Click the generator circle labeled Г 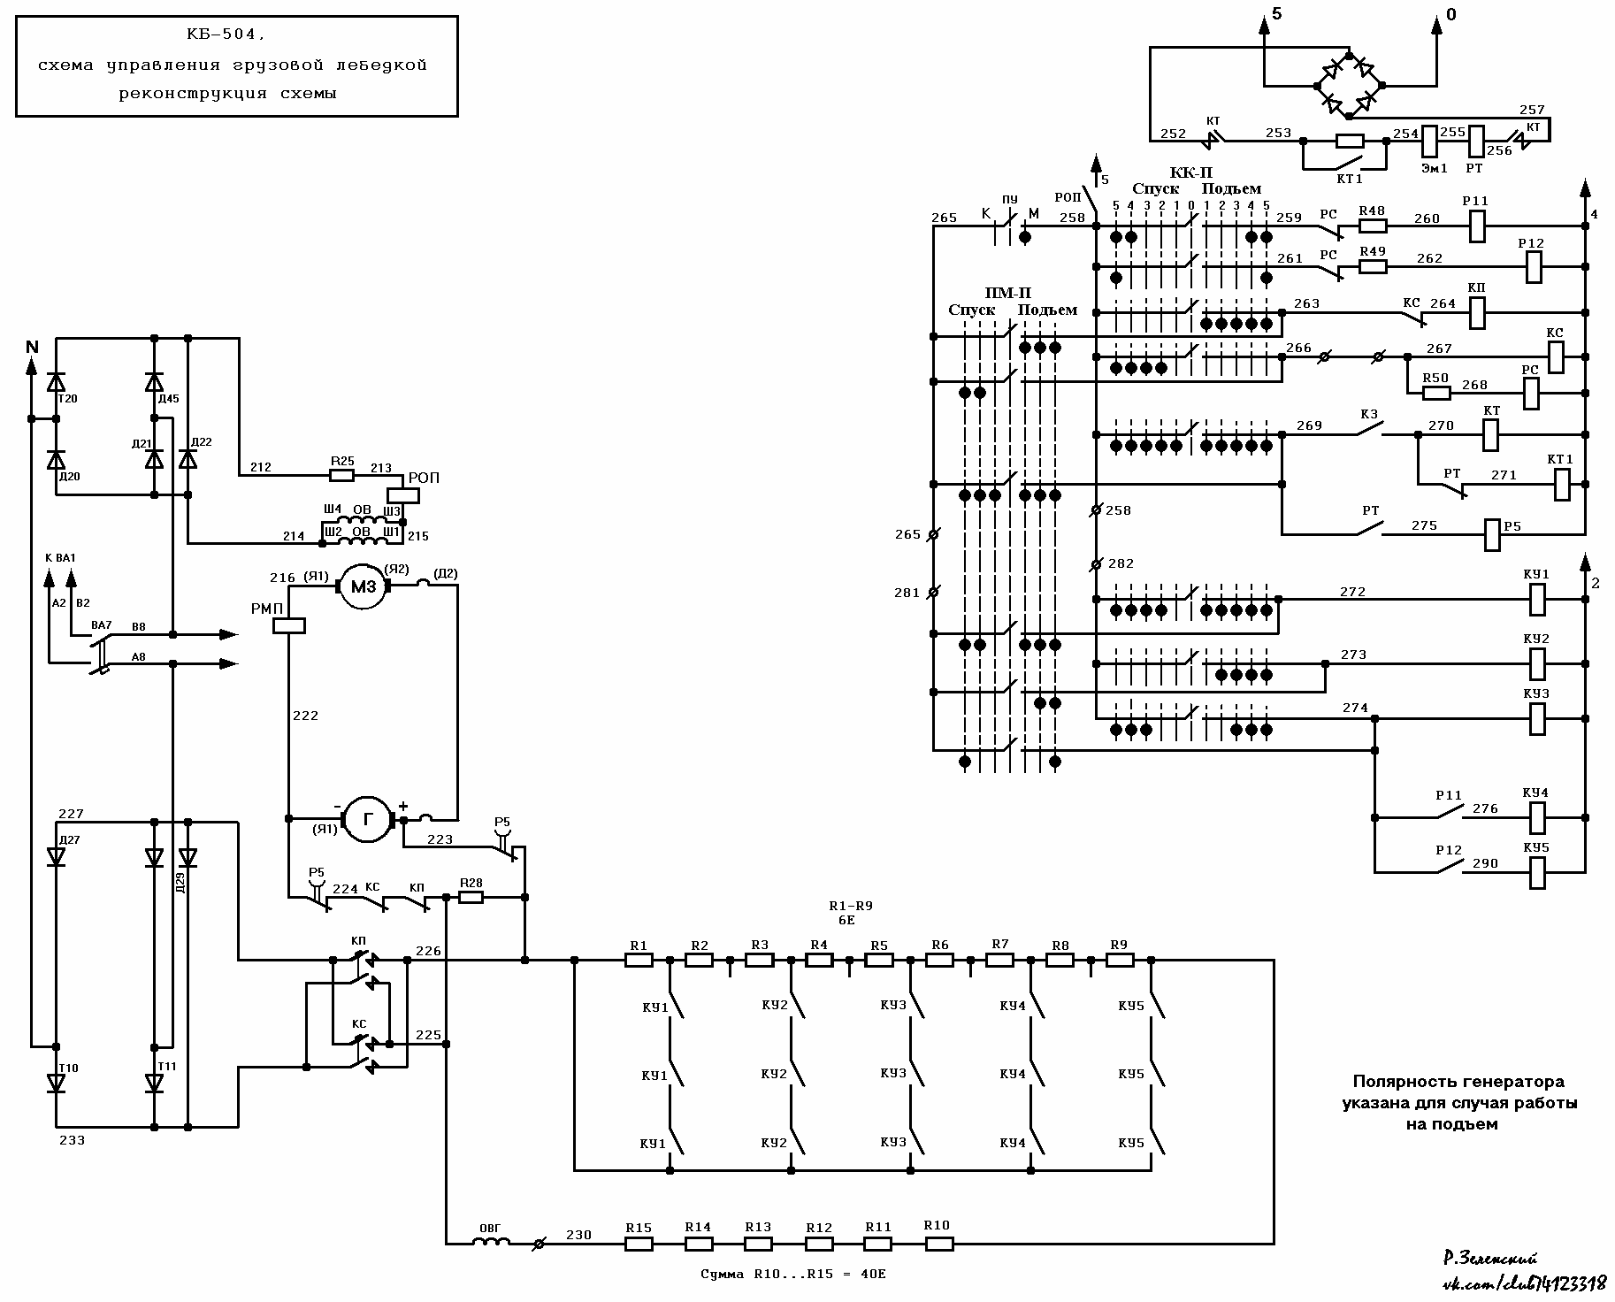367,819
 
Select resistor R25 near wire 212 341,475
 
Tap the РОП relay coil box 403,495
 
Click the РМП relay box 289,625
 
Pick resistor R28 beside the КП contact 471,897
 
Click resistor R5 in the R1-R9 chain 879,960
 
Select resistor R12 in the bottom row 819,1243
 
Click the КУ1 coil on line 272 1537,599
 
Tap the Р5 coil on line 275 1492,534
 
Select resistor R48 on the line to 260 1372,226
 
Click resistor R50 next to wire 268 1435,393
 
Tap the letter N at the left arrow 33,347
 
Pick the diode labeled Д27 57,856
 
